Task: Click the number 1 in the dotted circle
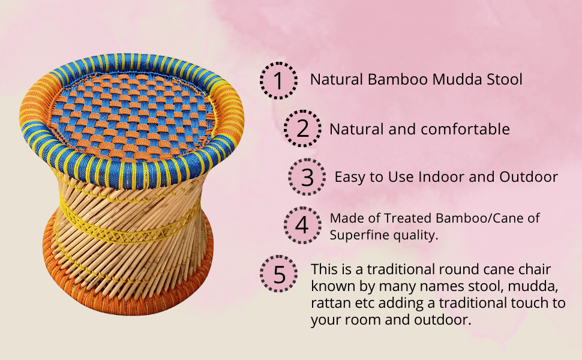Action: [278, 80]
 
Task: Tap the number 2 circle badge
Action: [303, 129]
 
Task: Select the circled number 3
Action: [307, 177]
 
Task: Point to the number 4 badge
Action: [302, 226]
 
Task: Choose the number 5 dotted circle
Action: [280, 274]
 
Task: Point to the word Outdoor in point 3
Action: [529, 177]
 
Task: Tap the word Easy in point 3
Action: [347, 177]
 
